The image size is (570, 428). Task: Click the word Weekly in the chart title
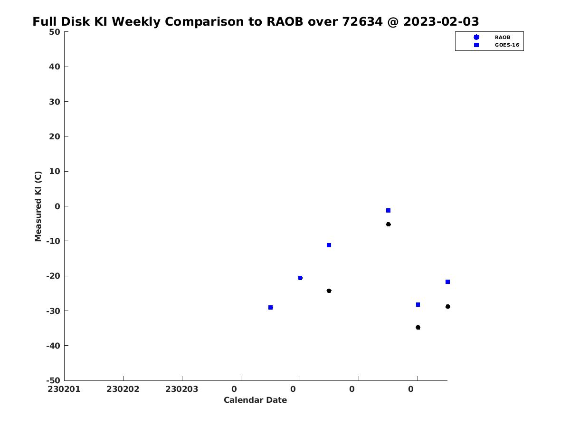(136, 22)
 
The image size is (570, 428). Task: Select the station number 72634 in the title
(362, 21)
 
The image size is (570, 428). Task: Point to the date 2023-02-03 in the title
(441, 21)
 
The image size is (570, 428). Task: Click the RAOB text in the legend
(502, 38)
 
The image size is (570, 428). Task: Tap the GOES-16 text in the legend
(507, 45)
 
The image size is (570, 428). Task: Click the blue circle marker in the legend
(476, 37)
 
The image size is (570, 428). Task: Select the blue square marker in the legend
(476, 45)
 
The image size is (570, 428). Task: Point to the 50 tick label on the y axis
(55, 32)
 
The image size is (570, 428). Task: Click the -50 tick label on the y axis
(53, 381)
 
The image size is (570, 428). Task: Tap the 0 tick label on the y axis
(57, 206)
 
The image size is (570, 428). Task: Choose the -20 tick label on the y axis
(53, 276)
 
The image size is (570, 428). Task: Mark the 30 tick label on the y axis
(55, 102)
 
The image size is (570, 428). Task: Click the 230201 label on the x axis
(64, 389)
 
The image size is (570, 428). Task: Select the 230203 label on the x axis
(182, 389)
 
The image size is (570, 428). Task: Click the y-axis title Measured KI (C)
(38, 206)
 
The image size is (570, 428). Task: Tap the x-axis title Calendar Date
(255, 400)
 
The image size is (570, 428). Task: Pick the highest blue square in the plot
(388, 211)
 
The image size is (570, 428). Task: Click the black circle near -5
(388, 224)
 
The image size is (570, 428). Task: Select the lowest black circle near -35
(418, 328)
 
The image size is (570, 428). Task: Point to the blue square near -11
(329, 245)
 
